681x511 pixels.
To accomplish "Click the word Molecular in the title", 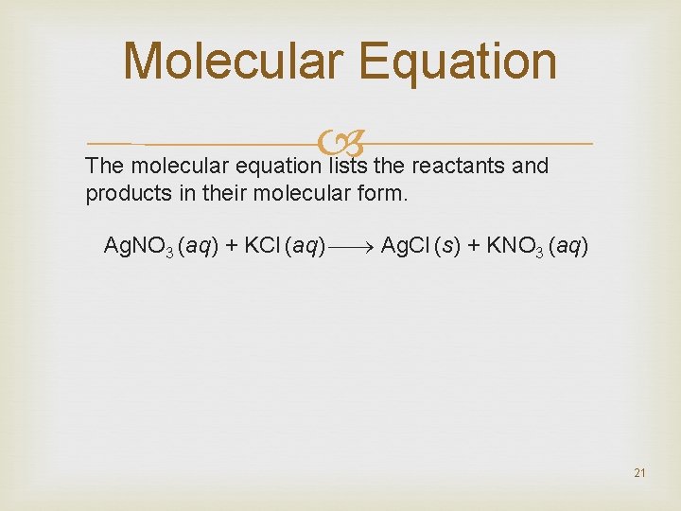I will click(x=233, y=61).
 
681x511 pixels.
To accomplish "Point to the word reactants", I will click(x=457, y=167).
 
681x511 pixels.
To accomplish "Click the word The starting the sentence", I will click(x=105, y=167).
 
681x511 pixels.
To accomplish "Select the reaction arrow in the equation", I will click(x=352, y=248).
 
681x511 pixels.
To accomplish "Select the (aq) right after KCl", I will click(x=306, y=248).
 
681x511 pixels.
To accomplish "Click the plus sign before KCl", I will click(x=232, y=248).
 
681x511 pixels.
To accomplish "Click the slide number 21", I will click(x=639, y=472).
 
